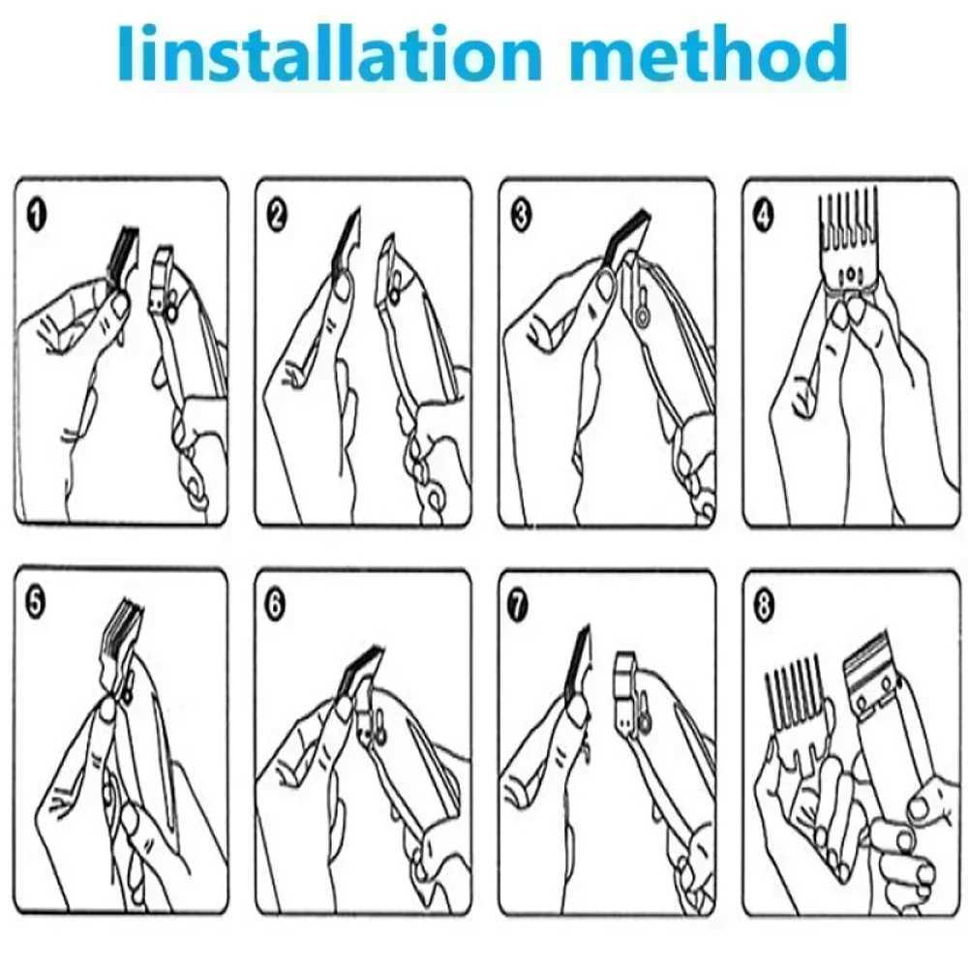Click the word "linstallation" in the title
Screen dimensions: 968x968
pyautogui.click(x=330, y=53)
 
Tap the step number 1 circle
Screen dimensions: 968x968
pyautogui.click(x=37, y=216)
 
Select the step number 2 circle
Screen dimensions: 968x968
pyautogui.click(x=277, y=216)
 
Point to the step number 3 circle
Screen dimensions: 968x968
pyautogui.click(x=522, y=216)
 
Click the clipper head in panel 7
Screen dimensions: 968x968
pyautogui.click(x=631, y=686)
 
